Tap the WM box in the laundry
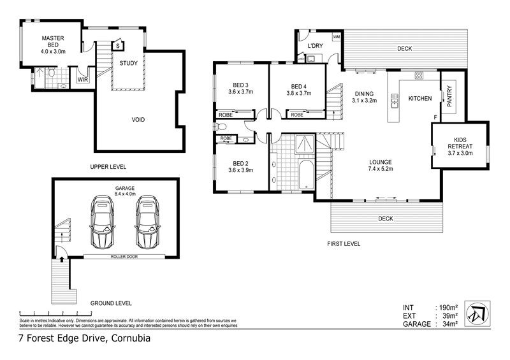(337, 37)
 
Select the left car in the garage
(102, 222)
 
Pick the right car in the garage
(147, 222)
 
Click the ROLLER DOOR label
(124, 257)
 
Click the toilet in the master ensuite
(52, 72)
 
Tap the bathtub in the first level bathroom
(306, 175)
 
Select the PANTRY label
(449, 96)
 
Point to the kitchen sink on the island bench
(395, 101)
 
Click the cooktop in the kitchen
(419, 76)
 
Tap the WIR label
(83, 80)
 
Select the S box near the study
(118, 46)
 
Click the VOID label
(138, 120)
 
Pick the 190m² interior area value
(449, 307)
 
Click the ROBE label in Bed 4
(297, 115)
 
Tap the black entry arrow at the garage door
(62, 259)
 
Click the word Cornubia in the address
(131, 338)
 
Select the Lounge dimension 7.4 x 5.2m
(381, 168)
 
